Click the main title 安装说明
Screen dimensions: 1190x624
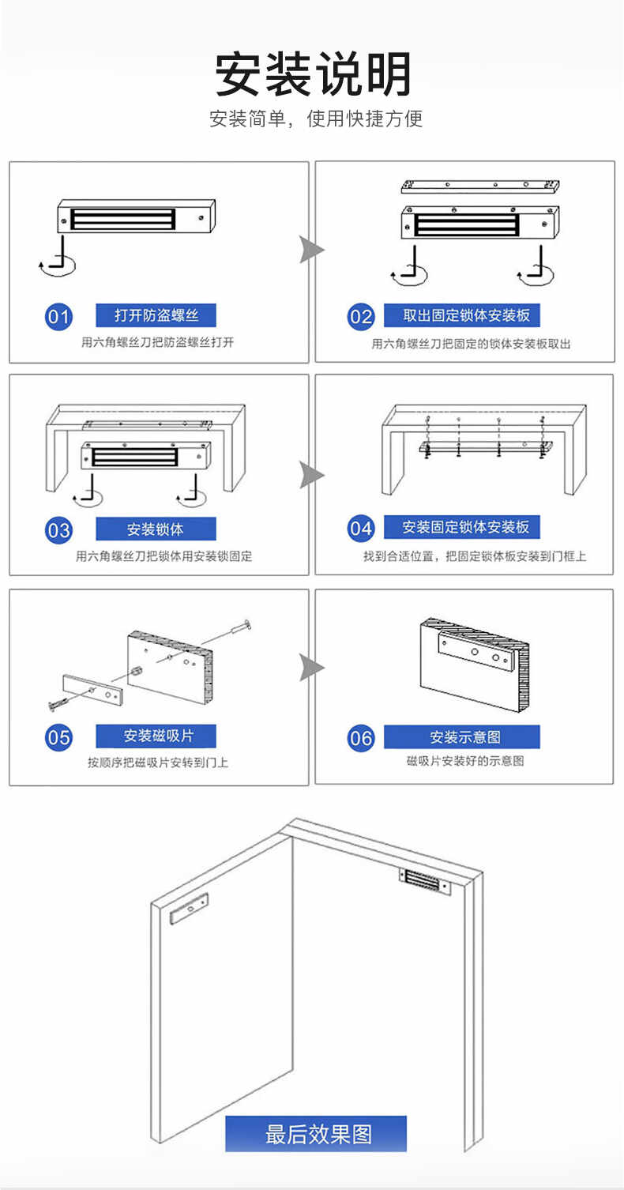point(314,75)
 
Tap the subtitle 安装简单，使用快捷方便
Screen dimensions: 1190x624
point(316,119)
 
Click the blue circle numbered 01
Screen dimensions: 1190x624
point(58,317)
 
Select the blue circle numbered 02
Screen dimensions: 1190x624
point(361,317)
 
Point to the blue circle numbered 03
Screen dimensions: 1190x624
point(58,529)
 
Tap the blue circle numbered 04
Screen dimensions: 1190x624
point(361,529)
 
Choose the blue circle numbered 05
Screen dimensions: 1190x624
point(58,737)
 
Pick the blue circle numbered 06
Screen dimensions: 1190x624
point(361,738)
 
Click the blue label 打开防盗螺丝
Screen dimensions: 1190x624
point(156,315)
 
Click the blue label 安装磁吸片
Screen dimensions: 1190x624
point(156,736)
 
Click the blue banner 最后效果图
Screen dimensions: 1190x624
point(316,1134)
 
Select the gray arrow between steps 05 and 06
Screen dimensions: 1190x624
point(311,668)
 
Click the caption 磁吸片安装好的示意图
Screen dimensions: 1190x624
point(464,761)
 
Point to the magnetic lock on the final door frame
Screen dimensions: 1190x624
point(425,882)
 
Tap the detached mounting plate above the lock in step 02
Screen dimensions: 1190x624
point(482,186)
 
